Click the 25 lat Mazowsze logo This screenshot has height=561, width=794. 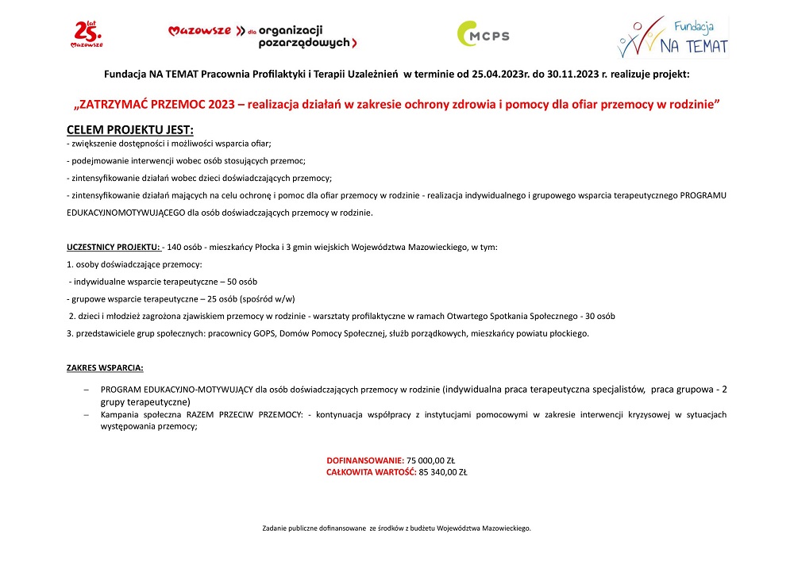click(87, 34)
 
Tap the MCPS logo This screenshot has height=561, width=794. click(483, 35)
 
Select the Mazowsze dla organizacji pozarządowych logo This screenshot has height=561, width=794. click(263, 34)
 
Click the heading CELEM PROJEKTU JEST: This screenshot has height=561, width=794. click(129, 129)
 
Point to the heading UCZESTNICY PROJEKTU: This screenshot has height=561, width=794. click(113, 248)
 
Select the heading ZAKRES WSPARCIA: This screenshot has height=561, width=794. click(105, 367)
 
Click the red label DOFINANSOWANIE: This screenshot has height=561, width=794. click(365, 460)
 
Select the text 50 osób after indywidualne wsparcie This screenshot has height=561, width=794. click(241, 282)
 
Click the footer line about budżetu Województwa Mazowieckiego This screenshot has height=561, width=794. click(396, 528)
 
